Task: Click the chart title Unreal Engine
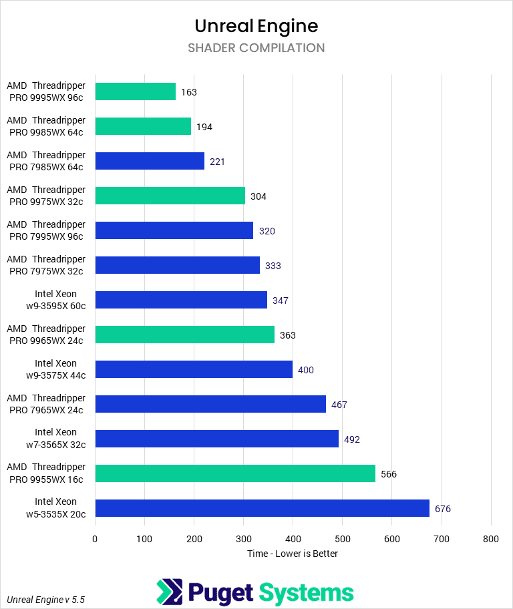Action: click(x=256, y=26)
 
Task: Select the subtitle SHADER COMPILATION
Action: click(x=256, y=48)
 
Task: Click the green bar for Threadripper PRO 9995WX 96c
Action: click(x=136, y=91)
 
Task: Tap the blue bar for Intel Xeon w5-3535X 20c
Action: click(x=262, y=508)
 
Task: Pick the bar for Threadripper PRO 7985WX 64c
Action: click(x=150, y=161)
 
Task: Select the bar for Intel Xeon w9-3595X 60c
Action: click(x=181, y=300)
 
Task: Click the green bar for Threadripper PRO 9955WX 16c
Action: click(x=235, y=473)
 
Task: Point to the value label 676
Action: click(x=443, y=509)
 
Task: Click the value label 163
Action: click(x=189, y=92)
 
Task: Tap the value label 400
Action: click(x=306, y=370)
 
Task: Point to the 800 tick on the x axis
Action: click(x=491, y=539)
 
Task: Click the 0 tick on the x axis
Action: click(x=96, y=539)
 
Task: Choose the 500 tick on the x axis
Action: click(x=343, y=539)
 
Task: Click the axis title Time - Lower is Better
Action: click(x=293, y=554)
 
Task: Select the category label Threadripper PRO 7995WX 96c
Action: click(x=46, y=230)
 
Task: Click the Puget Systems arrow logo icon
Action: click(x=168, y=592)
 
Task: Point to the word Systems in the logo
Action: click(x=306, y=592)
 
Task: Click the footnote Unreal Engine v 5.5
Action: click(x=46, y=600)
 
